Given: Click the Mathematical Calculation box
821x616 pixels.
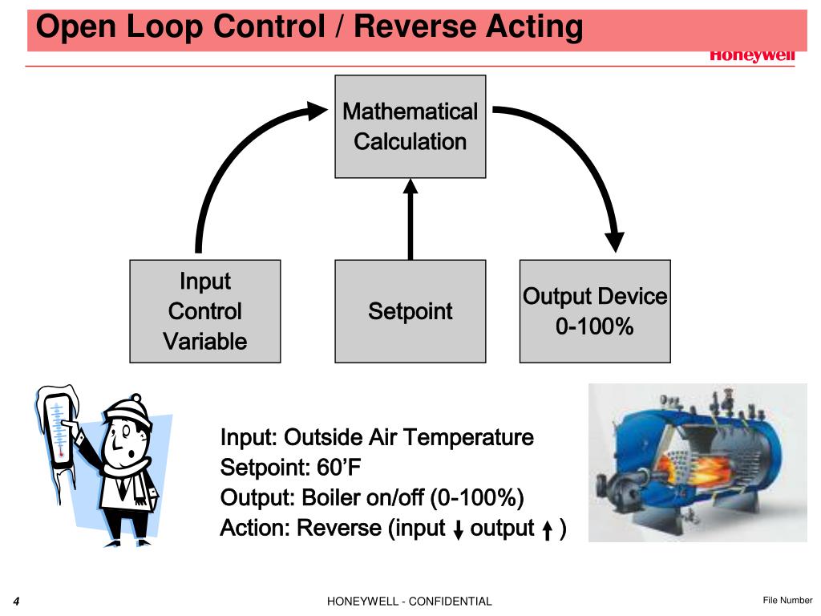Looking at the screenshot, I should (410, 127).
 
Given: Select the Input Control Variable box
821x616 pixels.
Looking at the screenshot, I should (205, 311).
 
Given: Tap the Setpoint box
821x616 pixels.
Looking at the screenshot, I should (410, 311).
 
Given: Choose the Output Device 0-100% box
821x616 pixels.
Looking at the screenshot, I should (595, 311).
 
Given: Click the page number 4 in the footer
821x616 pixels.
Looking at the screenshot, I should (16, 601).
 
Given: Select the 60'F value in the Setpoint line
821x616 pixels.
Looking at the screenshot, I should (325, 468).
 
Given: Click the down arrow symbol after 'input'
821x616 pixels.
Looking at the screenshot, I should (459, 530).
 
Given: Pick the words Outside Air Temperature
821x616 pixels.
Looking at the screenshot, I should (409, 438).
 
